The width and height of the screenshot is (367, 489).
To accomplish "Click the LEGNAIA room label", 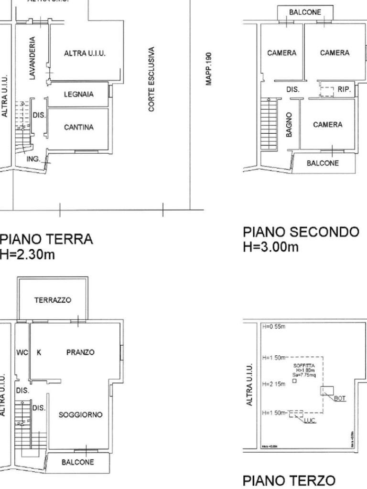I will [x=79, y=95].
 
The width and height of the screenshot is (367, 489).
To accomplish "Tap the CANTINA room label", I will [x=79, y=127].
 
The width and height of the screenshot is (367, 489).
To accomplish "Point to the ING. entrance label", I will [x=33, y=159].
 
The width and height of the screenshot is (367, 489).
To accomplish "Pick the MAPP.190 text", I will [x=209, y=69].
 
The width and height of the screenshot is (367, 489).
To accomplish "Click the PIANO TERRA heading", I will [x=46, y=239].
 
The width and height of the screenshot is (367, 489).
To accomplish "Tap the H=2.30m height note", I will [x=27, y=255].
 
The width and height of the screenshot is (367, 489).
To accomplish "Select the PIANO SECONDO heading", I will [x=301, y=232].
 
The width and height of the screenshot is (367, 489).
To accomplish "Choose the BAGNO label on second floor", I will [x=290, y=126].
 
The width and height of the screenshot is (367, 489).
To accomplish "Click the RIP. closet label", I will [x=344, y=89].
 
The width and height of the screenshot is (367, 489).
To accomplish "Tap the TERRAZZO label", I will [x=53, y=300].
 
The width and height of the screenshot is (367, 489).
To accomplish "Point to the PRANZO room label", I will [x=80, y=352].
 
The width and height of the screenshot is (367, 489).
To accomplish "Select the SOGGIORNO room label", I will [x=80, y=415].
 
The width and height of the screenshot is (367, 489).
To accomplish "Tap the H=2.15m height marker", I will [x=274, y=384].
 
